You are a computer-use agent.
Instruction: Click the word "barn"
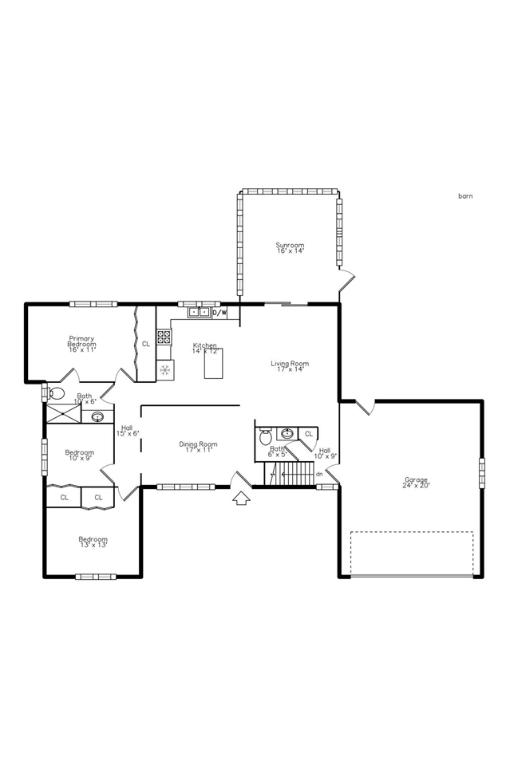(465, 195)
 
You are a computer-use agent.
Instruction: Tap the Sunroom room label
(290, 247)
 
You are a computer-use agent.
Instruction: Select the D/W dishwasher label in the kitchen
(219, 313)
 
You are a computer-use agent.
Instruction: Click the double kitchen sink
(200, 313)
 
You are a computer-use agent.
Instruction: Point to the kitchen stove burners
(164, 337)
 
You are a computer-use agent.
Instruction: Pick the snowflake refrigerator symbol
(166, 369)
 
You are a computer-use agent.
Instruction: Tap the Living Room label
(289, 366)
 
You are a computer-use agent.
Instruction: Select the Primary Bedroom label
(81, 344)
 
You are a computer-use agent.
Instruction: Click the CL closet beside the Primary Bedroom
(145, 344)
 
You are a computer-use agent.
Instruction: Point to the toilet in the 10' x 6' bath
(55, 392)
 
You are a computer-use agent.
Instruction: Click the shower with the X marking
(62, 414)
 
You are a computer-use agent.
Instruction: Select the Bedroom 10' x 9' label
(79, 455)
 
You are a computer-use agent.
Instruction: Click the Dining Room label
(198, 448)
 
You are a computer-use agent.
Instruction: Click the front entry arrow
(241, 498)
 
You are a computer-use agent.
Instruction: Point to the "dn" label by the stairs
(319, 474)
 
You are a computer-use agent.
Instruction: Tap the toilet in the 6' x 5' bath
(266, 436)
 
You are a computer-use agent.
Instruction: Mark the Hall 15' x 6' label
(126, 430)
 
